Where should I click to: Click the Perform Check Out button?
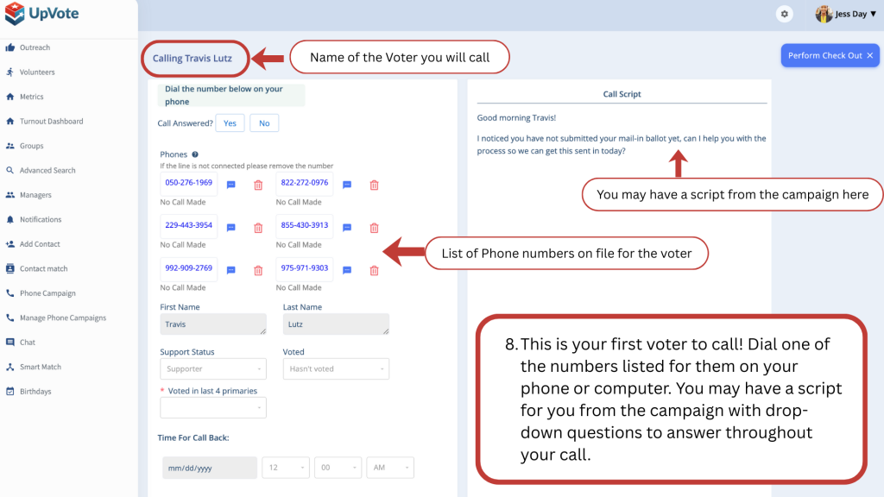click(x=830, y=55)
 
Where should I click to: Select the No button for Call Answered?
click(x=264, y=123)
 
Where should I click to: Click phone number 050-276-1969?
click(x=188, y=183)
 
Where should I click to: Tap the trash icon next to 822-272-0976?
click(x=374, y=185)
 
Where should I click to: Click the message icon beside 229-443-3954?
click(x=231, y=228)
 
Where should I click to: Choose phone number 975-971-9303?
click(x=305, y=268)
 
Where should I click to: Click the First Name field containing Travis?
click(x=213, y=324)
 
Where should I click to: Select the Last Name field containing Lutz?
click(x=336, y=324)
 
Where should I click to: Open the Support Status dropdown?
click(x=213, y=369)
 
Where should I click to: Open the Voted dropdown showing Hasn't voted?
click(x=336, y=369)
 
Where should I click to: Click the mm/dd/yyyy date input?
click(x=210, y=468)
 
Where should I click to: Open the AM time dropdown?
click(x=390, y=468)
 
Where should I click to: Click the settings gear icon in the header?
click(x=784, y=14)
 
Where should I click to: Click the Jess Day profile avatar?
click(x=824, y=14)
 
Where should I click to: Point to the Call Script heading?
click(x=622, y=94)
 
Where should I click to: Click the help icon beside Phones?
click(x=195, y=154)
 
